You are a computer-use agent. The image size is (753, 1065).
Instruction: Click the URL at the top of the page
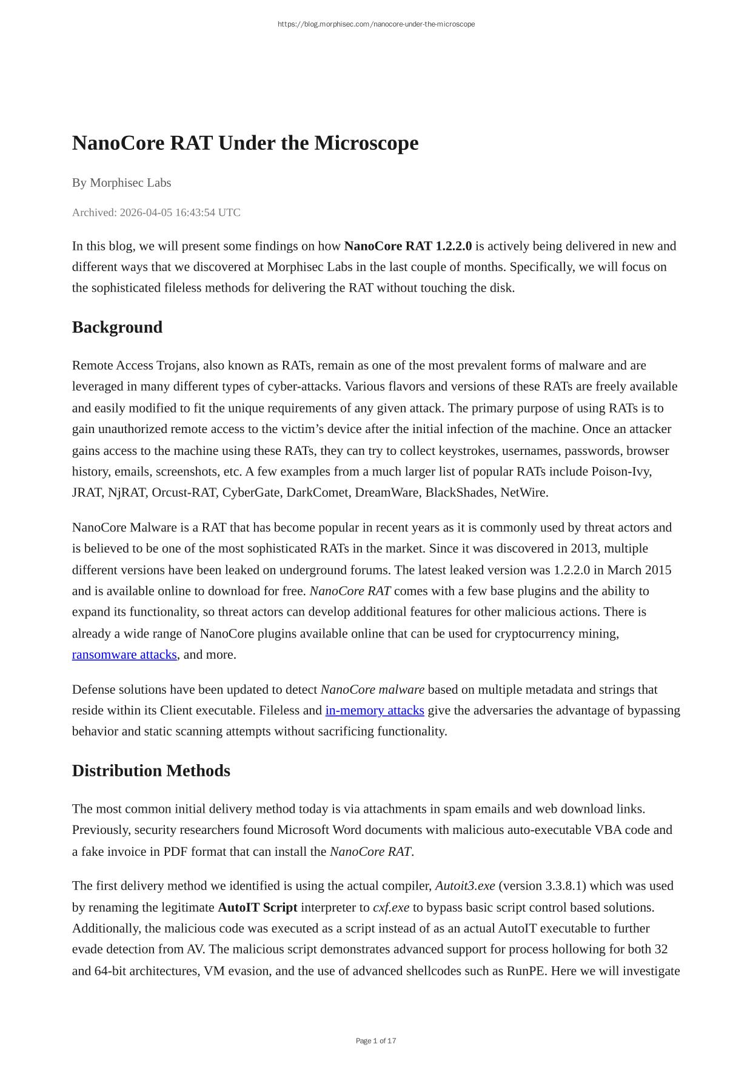[376, 24]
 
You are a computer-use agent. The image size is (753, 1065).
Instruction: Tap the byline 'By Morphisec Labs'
[121, 183]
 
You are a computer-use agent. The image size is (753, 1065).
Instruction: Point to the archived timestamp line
[156, 212]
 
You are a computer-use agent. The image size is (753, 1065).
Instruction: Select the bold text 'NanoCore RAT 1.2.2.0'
[407, 246]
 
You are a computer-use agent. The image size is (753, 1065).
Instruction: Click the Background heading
[117, 327]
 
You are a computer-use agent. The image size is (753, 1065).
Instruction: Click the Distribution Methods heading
[151, 770]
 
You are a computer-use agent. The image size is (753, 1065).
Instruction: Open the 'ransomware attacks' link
[124, 654]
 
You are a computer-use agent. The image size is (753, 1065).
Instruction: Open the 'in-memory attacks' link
[374, 710]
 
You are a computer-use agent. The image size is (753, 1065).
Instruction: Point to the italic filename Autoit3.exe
[465, 885]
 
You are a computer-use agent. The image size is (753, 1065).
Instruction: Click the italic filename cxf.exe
[391, 907]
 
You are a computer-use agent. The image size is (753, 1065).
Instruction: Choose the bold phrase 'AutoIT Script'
[257, 907]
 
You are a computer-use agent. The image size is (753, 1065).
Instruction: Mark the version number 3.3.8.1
[564, 885]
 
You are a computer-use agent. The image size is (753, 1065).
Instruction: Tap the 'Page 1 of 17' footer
[376, 1041]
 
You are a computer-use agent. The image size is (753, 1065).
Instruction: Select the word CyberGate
[251, 492]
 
